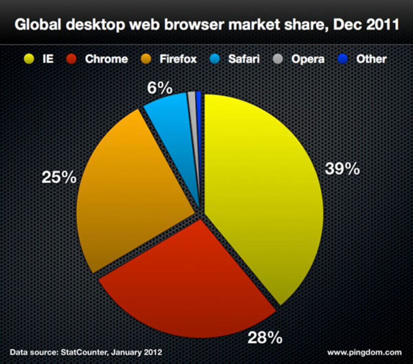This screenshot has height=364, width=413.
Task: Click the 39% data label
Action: coord(342,169)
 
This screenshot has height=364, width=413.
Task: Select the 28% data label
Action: coord(265,338)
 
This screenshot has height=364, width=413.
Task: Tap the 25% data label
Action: coord(59,177)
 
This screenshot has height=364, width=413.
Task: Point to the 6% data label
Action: coord(159,88)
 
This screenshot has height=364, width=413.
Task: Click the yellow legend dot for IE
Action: coord(29,59)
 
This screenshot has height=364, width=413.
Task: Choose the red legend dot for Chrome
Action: coord(71,59)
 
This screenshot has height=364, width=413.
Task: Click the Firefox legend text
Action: coord(178,59)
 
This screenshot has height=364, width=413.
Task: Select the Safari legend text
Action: coord(244,59)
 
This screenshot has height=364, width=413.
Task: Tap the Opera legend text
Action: coord(307,59)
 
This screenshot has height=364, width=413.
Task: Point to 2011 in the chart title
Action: coord(383,25)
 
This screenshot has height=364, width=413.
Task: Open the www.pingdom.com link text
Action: coord(365,352)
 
